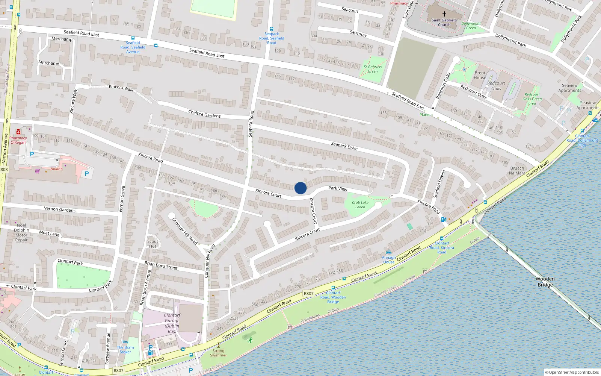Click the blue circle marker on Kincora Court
click(300, 188)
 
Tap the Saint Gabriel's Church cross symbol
click(444, 14)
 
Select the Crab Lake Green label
click(360, 205)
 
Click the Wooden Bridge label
click(545, 282)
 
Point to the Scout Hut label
click(153, 244)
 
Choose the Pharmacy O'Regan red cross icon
click(18, 132)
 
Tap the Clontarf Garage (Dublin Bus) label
click(172, 323)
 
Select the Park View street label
click(338, 188)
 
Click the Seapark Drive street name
click(344, 146)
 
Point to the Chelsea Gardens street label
click(204, 114)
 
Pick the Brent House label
click(480, 75)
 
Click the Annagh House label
click(389, 260)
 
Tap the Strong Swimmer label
click(218, 353)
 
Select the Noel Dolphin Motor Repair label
click(21, 232)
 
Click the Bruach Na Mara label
click(517, 171)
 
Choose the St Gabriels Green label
click(373, 69)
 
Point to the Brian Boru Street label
click(161, 265)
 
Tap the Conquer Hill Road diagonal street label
click(184, 230)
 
